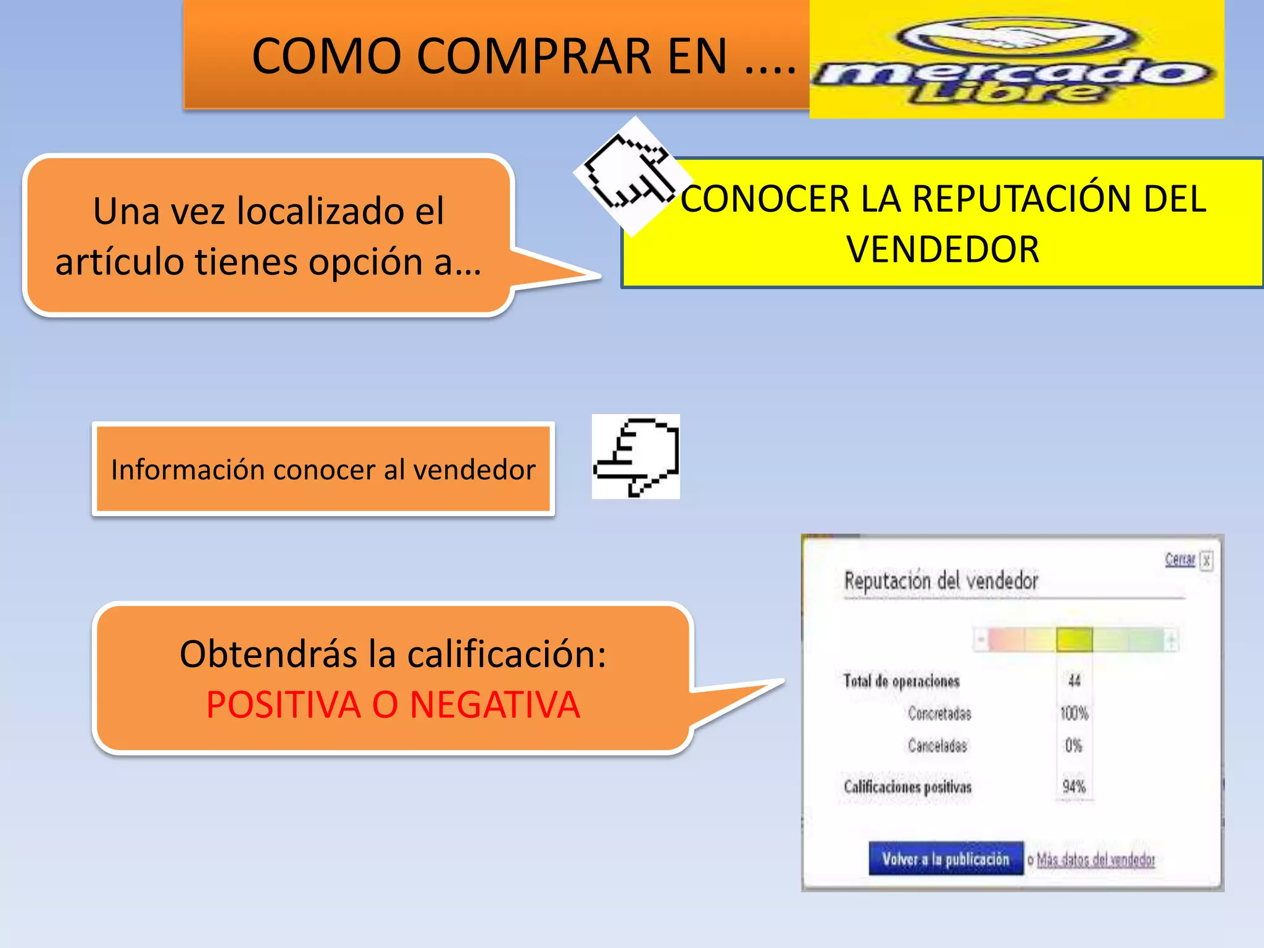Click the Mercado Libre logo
tap(1016, 60)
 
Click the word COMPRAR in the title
tap(533, 56)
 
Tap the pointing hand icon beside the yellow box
tap(631, 175)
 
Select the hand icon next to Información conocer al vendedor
tap(636, 457)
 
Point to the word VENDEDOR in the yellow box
tap(942, 249)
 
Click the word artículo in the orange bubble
tap(120, 262)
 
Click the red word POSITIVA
tap(283, 705)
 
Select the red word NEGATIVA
tap(494, 705)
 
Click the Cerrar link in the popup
tap(1179, 559)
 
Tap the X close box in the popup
tap(1206, 560)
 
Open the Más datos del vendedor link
tap(1096, 859)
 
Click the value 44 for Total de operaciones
tap(1074, 681)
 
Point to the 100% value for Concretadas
tap(1074, 713)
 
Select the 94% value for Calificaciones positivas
tap(1074, 786)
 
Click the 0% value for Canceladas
tap(1074, 746)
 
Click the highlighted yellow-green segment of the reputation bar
tap(1074, 639)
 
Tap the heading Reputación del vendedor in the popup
tap(941, 581)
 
